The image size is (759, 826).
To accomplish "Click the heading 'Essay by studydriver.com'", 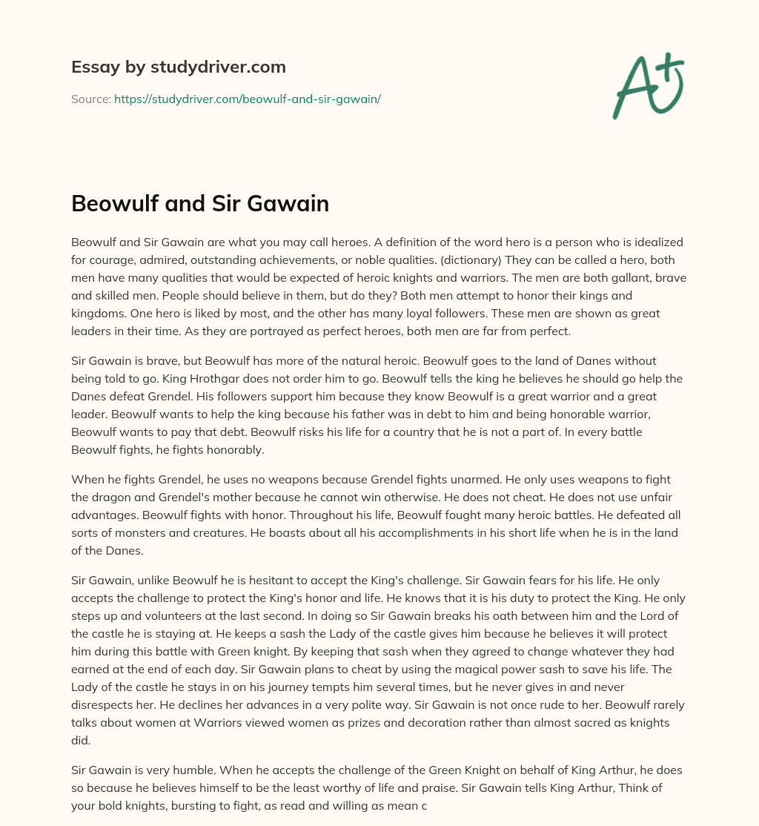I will [178, 67].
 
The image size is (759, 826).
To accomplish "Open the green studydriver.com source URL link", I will [248, 99].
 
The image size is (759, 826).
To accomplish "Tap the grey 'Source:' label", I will [90, 99].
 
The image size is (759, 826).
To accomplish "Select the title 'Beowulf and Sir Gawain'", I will [200, 205].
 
